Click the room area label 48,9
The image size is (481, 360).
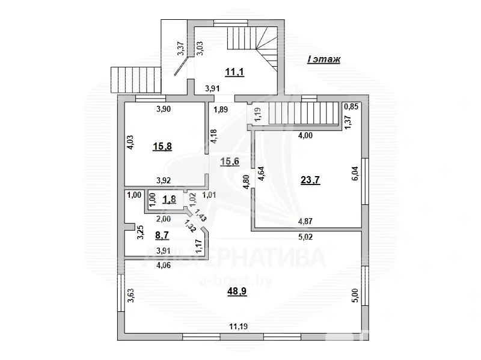tap(237, 291)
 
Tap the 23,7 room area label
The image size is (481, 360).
tap(310, 180)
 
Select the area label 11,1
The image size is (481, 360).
tap(234, 72)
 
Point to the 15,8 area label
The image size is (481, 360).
tap(162, 147)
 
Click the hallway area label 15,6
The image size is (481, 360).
tap(230, 161)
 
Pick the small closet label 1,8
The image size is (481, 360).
tap(169, 200)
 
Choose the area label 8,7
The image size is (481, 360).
tap(162, 236)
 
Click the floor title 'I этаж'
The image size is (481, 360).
tap(323, 59)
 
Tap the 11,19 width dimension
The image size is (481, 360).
tap(238, 326)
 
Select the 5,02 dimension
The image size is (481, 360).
tap(305, 237)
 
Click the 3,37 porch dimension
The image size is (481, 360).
tap(181, 49)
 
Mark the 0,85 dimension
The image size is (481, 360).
tap(351, 107)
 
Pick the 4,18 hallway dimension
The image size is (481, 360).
tap(214, 136)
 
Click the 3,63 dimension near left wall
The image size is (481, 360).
tap(131, 295)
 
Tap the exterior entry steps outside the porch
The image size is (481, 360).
tap(135, 80)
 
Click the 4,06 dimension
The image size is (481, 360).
tap(164, 266)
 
